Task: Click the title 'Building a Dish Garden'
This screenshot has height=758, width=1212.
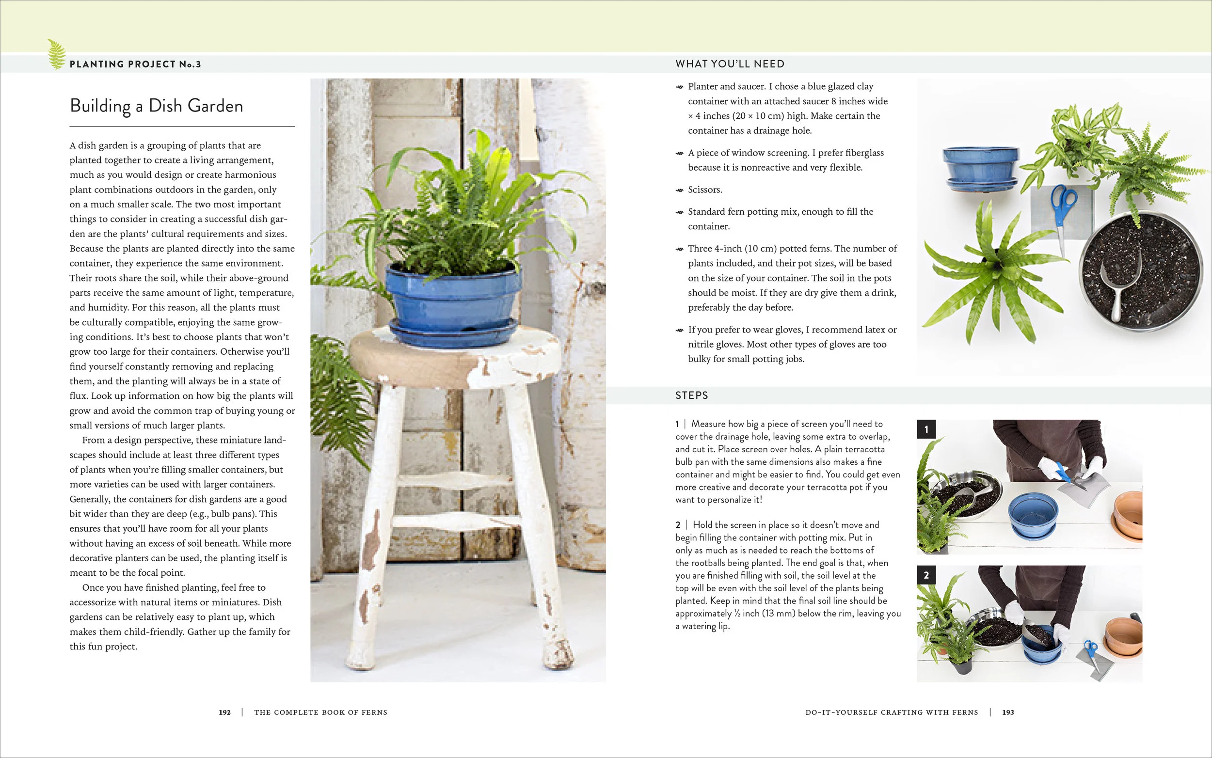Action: tap(157, 106)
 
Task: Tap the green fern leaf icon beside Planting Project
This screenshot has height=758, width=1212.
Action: tap(56, 55)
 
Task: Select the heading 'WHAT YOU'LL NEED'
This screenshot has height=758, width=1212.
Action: tap(730, 64)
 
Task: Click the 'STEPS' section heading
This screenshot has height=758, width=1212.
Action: tap(691, 395)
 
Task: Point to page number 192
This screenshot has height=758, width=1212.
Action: tap(224, 712)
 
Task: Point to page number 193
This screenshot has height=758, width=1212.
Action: tap(1008, 712)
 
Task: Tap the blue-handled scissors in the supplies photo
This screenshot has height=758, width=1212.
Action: tap(1063, 210)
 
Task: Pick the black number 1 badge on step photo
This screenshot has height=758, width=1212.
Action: tap(926, 429)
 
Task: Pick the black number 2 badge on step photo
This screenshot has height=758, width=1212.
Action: tap(926, 575)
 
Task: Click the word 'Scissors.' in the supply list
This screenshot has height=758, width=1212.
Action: tap(705, 190)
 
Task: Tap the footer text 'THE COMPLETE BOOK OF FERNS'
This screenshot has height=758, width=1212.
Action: tap(320, 712)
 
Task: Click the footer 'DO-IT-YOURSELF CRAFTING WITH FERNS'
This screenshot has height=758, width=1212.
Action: tap(892, 712)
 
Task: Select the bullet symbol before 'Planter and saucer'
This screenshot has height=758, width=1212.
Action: tap(680, 87)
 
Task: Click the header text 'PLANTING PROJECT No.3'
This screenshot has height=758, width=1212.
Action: tap(135, 64)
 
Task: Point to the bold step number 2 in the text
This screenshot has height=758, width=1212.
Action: tap(678, 525)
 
